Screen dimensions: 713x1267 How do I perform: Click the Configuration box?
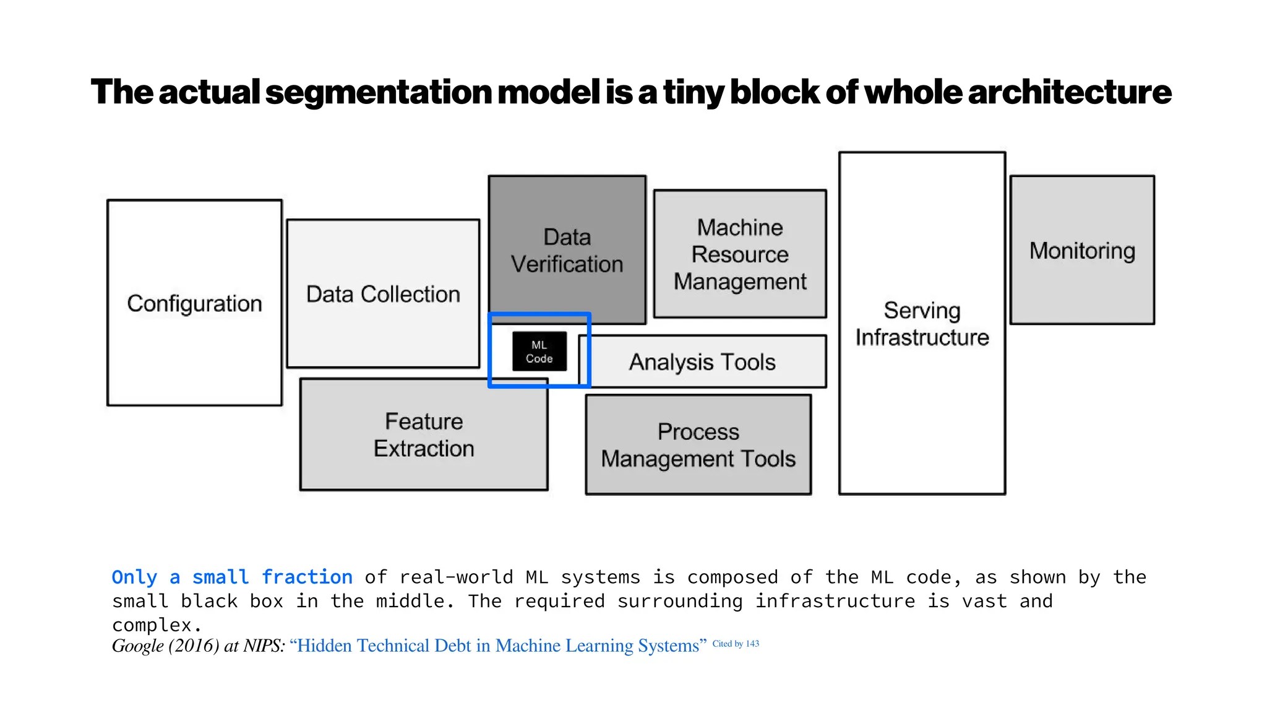point(194,303)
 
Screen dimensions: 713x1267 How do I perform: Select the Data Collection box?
point(383,294)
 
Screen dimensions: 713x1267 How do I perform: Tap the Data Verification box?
point(567,251)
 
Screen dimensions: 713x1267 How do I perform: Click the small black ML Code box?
point(539,352)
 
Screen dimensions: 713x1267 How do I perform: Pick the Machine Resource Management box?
point(740,254)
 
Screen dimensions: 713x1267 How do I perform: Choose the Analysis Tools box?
point(702,362)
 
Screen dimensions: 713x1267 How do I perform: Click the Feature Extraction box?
point(424,434)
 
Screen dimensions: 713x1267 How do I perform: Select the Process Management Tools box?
point(698,445)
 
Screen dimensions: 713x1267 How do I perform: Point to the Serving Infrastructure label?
point(922,324)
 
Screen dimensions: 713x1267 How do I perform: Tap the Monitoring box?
point(1082,251)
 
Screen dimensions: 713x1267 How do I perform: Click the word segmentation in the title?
point(378,92)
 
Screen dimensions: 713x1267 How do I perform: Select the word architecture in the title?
point(1069,92)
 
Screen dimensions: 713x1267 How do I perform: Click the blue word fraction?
point(307,577)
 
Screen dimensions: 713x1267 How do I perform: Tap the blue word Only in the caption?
point(134,577)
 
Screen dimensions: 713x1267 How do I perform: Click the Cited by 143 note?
point(736,644)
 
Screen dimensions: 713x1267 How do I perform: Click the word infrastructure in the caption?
point(835,601)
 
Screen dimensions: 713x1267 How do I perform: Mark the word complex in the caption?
point(152,624)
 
